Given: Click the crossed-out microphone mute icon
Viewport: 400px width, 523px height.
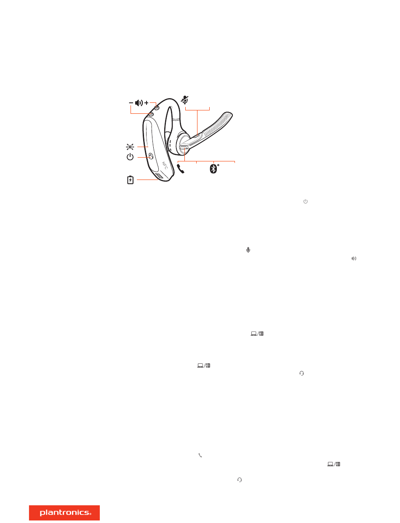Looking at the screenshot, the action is point(184,100).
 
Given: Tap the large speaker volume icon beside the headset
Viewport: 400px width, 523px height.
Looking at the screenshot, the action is point(139,103).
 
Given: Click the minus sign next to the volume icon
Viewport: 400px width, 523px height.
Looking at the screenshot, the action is point(131,103).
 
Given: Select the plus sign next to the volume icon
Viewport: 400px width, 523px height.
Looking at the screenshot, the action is point(147,103).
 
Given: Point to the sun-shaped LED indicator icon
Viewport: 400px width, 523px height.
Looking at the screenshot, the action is point(130,147).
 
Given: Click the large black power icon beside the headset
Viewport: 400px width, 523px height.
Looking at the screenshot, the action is point(130,157).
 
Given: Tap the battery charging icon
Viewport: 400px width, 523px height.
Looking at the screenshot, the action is point(130,180).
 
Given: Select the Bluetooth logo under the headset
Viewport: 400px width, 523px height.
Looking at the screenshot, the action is point(213,169).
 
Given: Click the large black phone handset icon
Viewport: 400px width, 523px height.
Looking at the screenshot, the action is point(181,169).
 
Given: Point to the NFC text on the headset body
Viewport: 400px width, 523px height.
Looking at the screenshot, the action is point(165,165).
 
